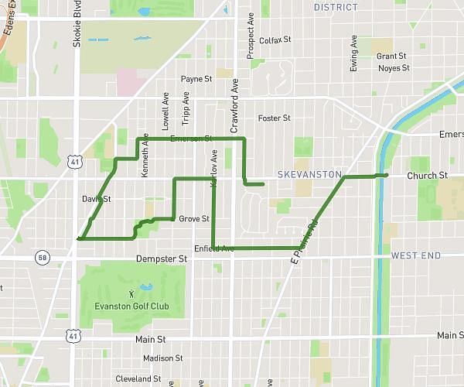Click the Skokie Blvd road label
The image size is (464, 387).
77,29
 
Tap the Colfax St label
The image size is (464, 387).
275,40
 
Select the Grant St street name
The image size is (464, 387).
391,57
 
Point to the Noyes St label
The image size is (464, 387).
394,68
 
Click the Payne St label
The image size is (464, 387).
196,79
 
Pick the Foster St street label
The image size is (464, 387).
274,118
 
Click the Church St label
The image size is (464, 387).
428,176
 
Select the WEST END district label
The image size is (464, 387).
416,255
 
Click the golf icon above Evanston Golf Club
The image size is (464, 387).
131,293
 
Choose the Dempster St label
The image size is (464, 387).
162,259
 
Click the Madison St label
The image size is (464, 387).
162,358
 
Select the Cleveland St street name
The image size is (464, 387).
138,379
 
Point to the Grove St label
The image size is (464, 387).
194,219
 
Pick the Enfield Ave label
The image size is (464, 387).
213,248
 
